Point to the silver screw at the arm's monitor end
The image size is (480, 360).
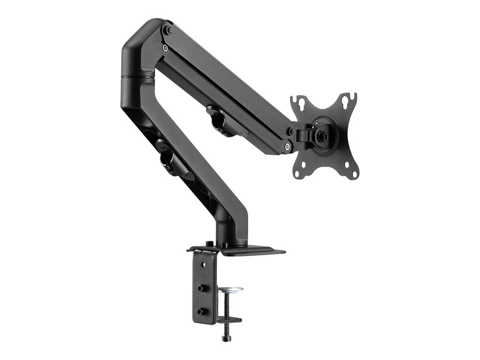tap(286, 147)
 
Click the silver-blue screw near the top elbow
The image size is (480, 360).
tap(165, 47)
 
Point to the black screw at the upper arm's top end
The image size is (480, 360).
tap(169, 30)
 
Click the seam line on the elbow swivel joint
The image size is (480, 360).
tap(136, 76)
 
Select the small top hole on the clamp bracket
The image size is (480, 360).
tap(203, 265)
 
